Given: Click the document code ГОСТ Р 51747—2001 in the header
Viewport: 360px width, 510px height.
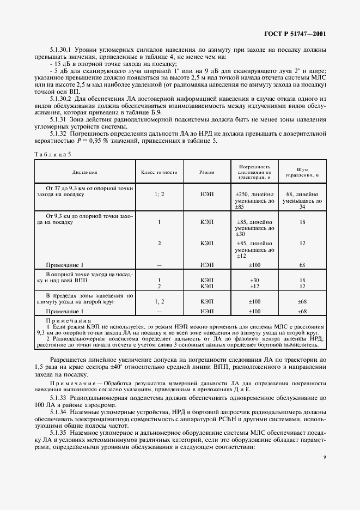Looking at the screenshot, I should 303,34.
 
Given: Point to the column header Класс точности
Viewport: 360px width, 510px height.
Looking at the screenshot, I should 159,172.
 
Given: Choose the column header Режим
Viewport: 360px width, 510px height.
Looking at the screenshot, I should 206,172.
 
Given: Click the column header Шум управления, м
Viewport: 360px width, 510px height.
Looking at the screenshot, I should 302,172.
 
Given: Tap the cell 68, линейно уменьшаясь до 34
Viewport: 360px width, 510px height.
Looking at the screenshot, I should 302,201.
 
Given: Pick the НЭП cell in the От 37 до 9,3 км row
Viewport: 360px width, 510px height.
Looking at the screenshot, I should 206,194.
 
